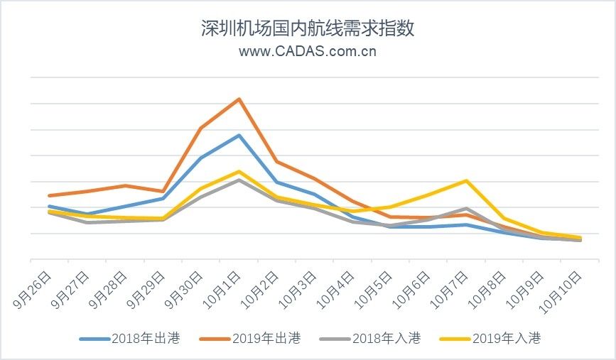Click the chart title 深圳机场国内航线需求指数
tap(308, 28)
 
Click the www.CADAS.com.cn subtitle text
tap(308, 51)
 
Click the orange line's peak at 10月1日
tap(239, 99)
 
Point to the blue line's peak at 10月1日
tap(239, 135)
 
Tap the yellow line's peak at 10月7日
tap(466, 180)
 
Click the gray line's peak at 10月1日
tap(239, 180)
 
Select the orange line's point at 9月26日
tap(49, 195)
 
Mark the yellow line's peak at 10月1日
tap(239, 171)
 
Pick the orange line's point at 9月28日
tap(125, 185)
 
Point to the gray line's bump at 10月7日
tap(466, 208)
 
